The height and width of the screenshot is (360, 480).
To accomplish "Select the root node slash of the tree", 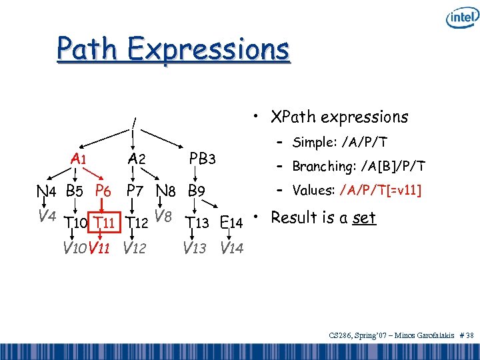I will [134, 123].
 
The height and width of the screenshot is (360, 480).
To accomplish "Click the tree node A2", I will [137, 159].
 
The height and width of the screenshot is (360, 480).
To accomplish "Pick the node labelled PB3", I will [202, 159].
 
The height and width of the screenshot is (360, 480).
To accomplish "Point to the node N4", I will [47, 191].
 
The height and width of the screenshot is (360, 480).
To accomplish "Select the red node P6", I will [103, 191].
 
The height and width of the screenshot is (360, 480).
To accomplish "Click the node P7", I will [137, 191].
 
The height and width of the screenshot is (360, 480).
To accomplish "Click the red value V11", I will [101, 248].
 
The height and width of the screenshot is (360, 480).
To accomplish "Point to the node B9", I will [196, 191].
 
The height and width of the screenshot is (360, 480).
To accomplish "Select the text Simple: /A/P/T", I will [340, 142].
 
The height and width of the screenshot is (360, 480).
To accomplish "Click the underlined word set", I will [365, 218].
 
